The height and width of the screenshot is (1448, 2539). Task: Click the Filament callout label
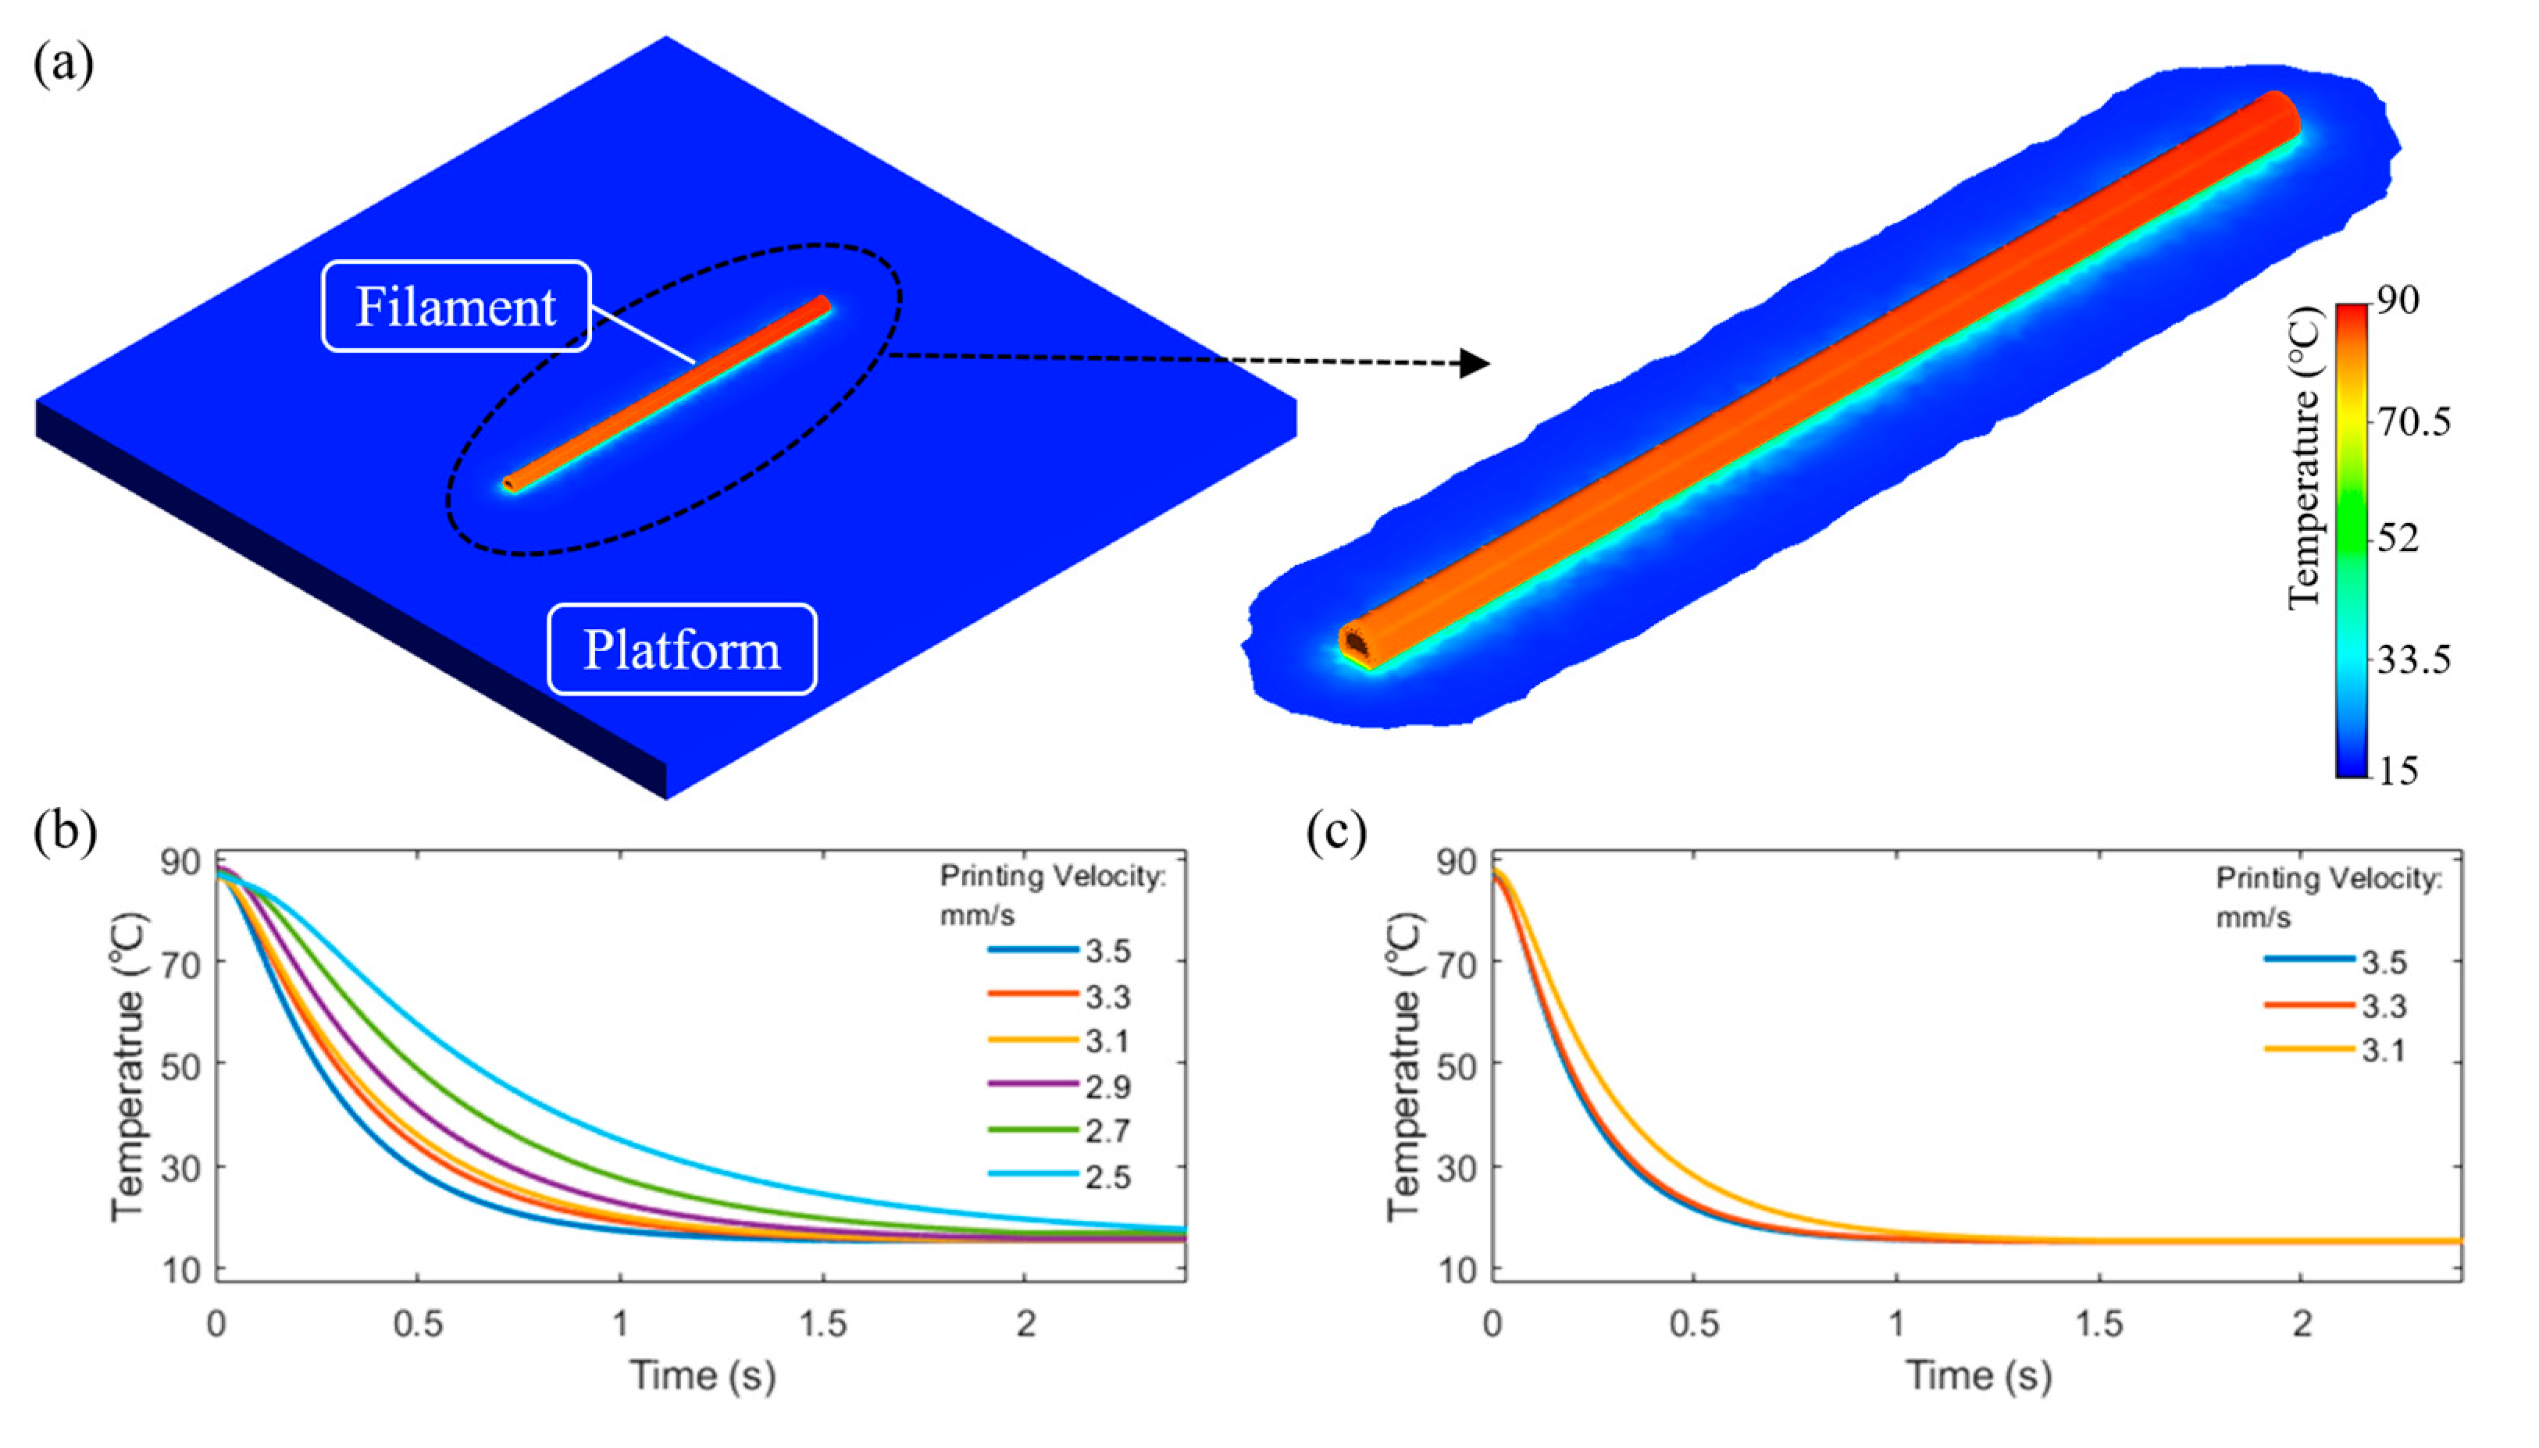coord(455,306)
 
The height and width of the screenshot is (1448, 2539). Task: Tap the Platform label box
coord(682,649)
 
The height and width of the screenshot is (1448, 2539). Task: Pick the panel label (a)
coord(64,66)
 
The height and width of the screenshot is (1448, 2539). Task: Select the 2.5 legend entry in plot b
coord(1107,1176)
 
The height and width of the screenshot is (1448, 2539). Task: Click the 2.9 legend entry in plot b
coord(1107,1086)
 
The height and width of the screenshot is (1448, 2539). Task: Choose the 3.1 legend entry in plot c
coord(2384,1050)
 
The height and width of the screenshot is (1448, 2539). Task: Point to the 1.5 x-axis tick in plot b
coord(823,1324)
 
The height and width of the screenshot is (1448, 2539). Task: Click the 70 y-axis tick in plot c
coord(1460,962)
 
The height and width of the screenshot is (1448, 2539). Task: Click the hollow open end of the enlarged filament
coord(1355,642)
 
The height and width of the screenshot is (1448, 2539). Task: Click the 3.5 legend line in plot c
coord(2308,959)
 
